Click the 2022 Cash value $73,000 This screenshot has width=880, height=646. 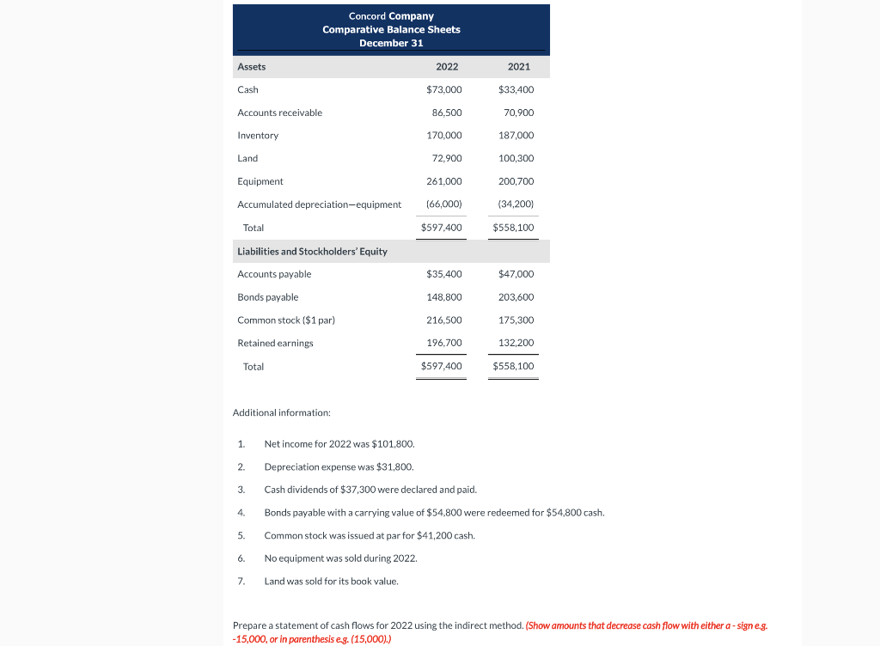click(x=443, y=89)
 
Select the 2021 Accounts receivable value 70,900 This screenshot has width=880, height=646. click(x=516, y=113)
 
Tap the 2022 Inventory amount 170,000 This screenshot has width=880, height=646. click(x=443, y=136)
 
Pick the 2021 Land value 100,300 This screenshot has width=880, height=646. click(x=516, y=158)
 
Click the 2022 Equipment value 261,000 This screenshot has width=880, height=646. click(x=443, y=181)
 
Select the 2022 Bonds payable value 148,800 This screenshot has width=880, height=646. click(x=443, y=297)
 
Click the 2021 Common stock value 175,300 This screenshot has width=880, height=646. click(x=516, y=320)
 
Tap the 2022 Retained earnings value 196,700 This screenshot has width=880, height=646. click(x=443, y=343)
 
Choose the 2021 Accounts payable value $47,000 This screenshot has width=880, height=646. click(x=516, y=274)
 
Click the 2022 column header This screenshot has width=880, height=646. click(x=447, y=67)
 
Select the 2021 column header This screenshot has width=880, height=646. click(x=519, y=67)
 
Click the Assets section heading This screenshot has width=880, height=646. click(x=252, y=67)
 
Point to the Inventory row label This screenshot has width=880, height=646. click(x=258, y=136)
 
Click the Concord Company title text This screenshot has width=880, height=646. click(x=391, y=15)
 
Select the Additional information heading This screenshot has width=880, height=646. click(x=281, y=413)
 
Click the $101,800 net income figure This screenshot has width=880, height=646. click(x=394, y=444)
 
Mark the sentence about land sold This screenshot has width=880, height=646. click(x=331, y=582)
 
